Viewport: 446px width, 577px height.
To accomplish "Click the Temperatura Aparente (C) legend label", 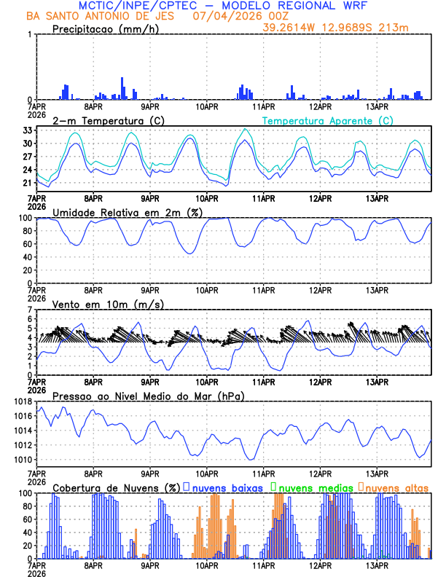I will (327, 120).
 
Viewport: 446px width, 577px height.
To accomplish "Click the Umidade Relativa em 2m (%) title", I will (125, 212).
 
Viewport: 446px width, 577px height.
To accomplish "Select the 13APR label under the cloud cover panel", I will (377, 565).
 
